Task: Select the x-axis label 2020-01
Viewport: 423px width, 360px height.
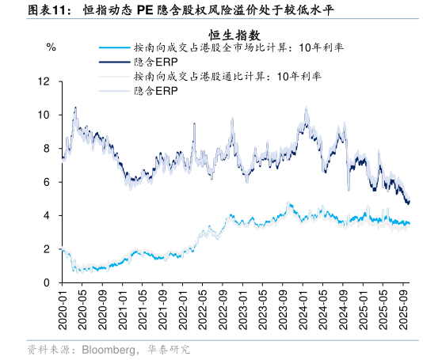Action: pos(63,309)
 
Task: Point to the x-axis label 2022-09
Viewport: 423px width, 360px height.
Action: pos(223,309)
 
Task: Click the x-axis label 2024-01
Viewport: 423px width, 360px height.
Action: pos(303,309)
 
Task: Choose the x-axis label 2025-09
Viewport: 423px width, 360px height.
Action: pos(403,309)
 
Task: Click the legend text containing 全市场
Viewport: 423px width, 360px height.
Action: pos(238,48)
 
